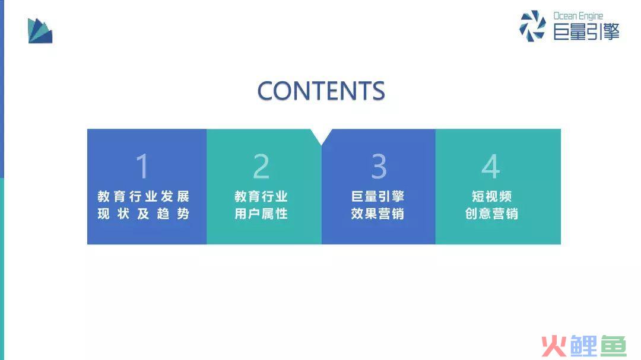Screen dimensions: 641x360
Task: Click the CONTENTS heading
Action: (x=321, y=90)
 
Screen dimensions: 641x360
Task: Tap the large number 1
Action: (x=142, y=166)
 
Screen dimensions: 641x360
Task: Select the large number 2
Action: (x=261, y=166)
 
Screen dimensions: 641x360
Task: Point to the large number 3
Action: (x=379, y=166)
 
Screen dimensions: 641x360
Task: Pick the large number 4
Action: (x=491, y=166)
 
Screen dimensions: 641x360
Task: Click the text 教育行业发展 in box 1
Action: (x=144, y=196)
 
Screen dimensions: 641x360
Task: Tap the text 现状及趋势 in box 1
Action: (x=144, y=214)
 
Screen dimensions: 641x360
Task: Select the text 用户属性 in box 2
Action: (x=261, y=214)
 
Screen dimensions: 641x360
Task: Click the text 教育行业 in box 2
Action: (x=261, y=196)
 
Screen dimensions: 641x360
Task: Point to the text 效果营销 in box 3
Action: (x=377, y=214)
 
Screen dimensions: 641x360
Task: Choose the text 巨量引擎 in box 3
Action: (x=377, y=196)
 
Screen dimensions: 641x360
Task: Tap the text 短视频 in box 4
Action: (x=492, y=196)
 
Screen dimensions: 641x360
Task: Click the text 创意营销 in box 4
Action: (x=492, y=214)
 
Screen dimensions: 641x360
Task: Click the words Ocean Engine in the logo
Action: (x=578, y=17)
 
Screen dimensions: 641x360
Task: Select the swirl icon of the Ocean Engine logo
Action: (x=532, y=26)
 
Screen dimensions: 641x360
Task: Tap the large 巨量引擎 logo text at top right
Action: (x=586, y=32)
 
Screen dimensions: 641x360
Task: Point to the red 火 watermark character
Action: (x=554, y=346)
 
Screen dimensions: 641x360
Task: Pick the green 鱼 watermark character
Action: (x=613, y=346)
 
